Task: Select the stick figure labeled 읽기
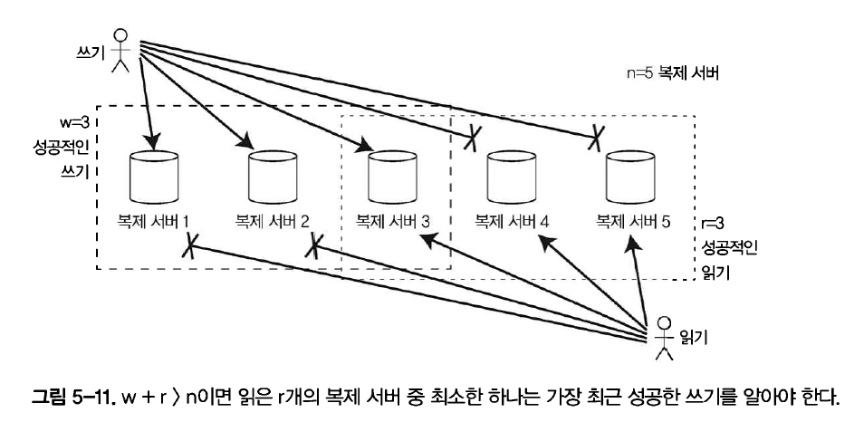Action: point(665,331)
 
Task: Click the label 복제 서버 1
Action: point(147,220)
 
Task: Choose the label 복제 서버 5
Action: point(627,220)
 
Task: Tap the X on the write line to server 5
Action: point(596,139)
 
